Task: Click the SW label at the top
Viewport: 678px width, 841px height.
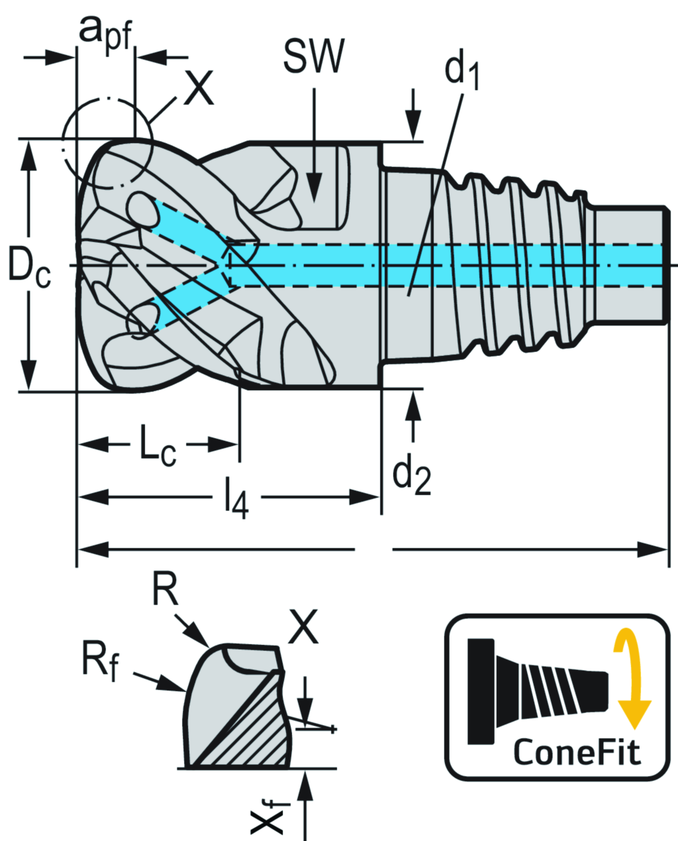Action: (x=313, y=56)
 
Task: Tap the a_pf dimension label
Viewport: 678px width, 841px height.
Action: (x=106, y=30)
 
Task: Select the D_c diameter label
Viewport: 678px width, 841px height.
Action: (x=28, y=266)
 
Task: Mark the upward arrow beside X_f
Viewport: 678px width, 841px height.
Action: (x=305, y=795)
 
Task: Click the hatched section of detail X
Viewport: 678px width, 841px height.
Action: (x=252, y=729)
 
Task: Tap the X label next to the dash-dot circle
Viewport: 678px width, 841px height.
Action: (x=199, y=89)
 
